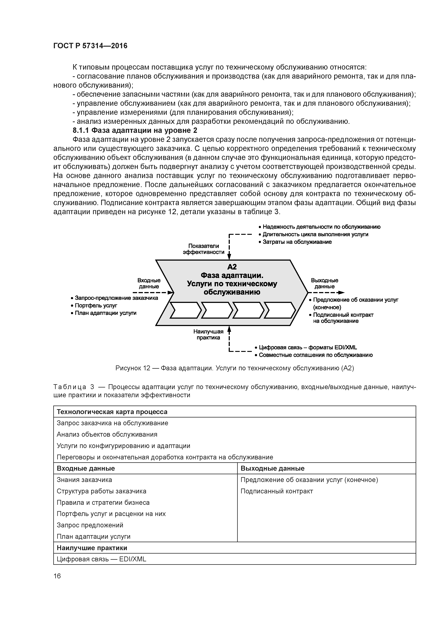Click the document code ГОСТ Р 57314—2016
[x=90, y=46]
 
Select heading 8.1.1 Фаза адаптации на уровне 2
[x=135, y=130]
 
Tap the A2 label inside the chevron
[x=232, y=267]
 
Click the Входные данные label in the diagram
[x=149, y=283]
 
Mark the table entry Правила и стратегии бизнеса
[x=103, y=503]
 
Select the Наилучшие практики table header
[x=92, y=548]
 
